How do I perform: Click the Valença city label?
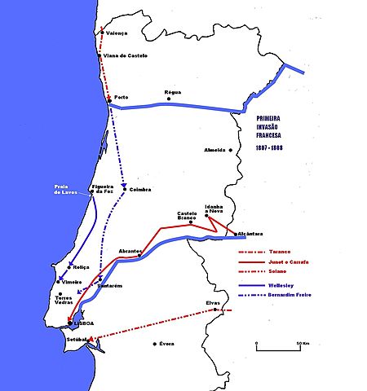117,33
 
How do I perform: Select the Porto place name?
122,96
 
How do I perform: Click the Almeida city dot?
231,151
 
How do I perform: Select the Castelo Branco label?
188,216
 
